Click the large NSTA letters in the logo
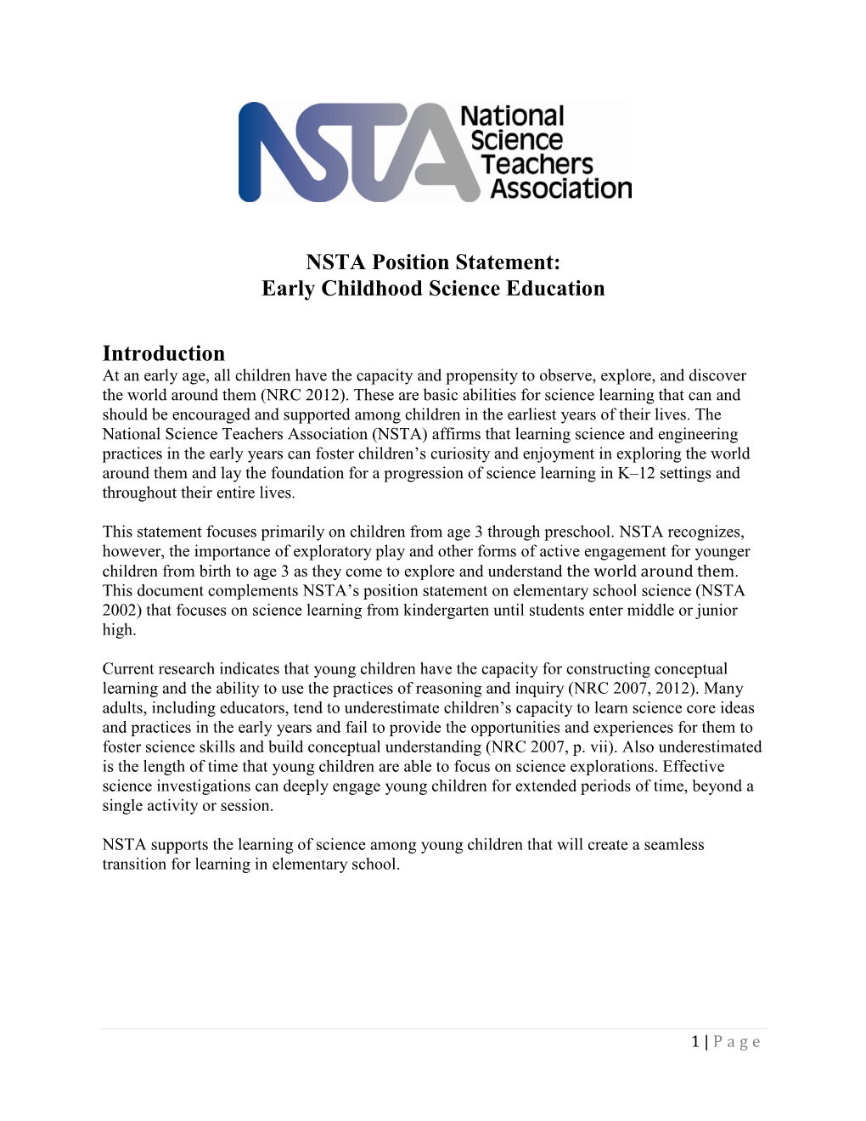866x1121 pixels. (x=348, y=153)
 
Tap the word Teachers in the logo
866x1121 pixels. (x=537, y=164)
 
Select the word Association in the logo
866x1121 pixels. (x=561, y=189)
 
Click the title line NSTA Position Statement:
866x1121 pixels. (x=433, y=262)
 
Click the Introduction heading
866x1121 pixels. (x=164, y=353)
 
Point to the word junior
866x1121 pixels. (x=717, y=611)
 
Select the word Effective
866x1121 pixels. (x=693, y=767)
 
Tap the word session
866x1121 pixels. (x=247, y=806)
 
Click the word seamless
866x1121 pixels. (x=674, y=845)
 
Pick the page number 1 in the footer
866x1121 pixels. (x=695, y=1042)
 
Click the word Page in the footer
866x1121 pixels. (x=737, y=1042)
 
